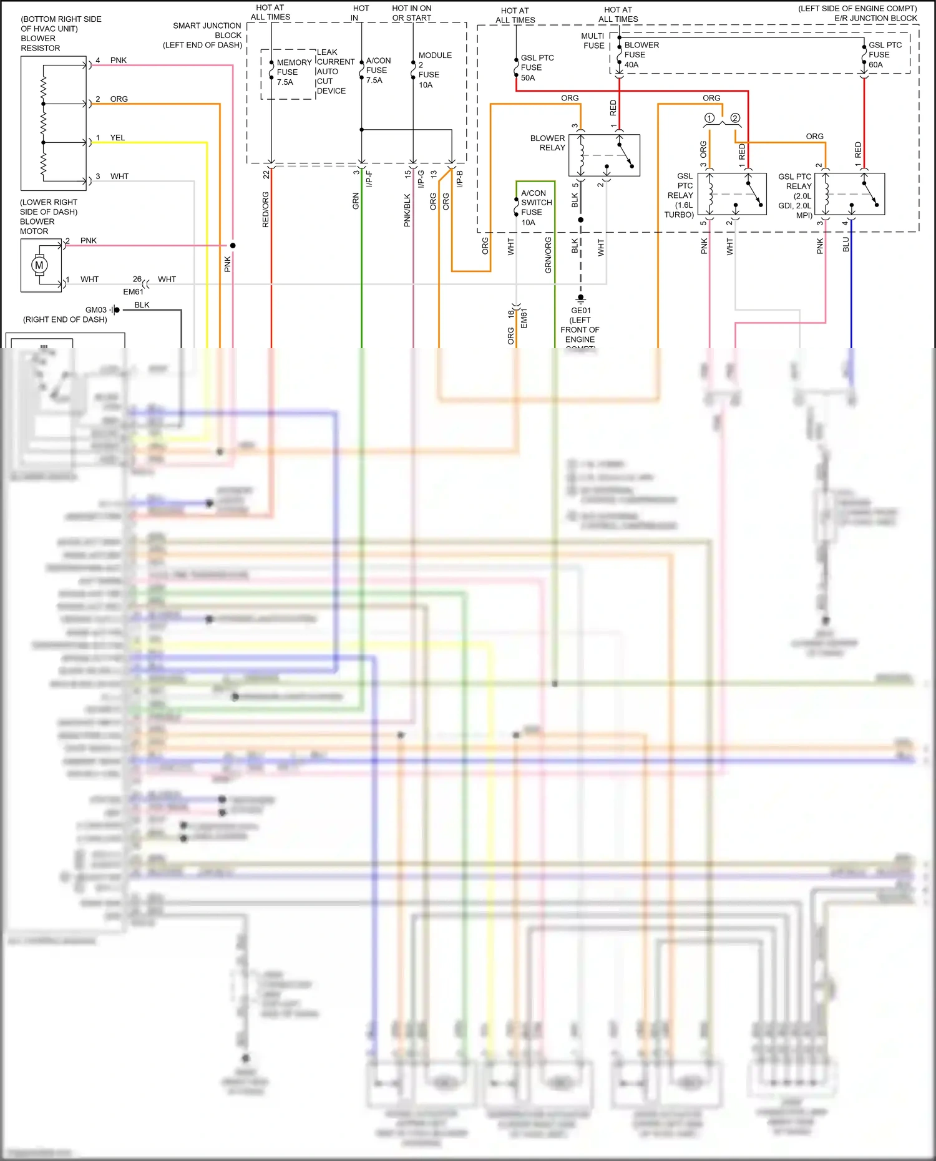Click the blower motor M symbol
coord(39,265)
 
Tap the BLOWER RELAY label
coord(548,143)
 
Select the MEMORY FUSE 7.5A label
coord(291,72)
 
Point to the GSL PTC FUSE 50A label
coord(536,67)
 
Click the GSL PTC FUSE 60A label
coord(884,55)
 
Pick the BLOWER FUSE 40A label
coord(640,55)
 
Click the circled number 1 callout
coord(709,118)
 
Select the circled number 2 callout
coord(735,118)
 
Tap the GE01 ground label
coord(580,310)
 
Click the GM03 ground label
coord(95,310)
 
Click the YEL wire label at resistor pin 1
coord(117,138)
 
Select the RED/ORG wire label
coord(265,210)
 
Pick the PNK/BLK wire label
coord(407,210)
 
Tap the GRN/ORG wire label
coord(548,255)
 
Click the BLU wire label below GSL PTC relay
coord(846,245)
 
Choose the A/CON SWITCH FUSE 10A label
coord(535,208)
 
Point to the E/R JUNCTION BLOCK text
coord(875,18)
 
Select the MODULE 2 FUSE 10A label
coord(434,70)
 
